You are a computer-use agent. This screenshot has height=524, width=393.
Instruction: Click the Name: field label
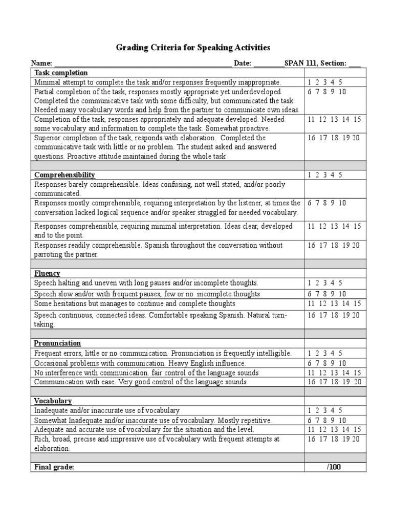tap(41, 63)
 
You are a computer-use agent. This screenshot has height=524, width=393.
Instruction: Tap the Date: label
tap(243, 63)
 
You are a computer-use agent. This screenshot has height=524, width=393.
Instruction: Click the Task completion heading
tap(61, 73)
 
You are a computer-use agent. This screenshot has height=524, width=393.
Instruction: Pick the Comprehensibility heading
tap(64, 175)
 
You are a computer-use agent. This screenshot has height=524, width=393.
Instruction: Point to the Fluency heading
tap(47, 273)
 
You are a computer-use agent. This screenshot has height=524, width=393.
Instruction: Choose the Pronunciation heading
tap(57, 343)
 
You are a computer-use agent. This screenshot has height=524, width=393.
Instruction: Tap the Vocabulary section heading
tap(53, 401)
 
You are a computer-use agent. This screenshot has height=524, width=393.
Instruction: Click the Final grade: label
tap(54, 467)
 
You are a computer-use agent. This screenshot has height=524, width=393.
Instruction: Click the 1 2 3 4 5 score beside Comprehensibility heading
tap(325, 175)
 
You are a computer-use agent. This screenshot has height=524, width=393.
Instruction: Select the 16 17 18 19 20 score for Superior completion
tap(334, 138)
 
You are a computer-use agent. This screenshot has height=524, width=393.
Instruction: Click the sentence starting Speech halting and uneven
tap(146, 282)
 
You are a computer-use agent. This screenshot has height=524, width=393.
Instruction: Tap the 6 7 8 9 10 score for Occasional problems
tap(327, 363)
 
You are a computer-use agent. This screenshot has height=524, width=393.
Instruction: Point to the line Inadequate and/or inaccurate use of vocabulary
tap(107, 410)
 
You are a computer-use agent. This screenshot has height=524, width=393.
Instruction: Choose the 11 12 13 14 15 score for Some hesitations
tap(334, 303)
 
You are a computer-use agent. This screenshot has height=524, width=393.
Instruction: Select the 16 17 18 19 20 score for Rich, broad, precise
tap(334, 439)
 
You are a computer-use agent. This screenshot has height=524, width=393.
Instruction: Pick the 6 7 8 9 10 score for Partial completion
tap(327, 92)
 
